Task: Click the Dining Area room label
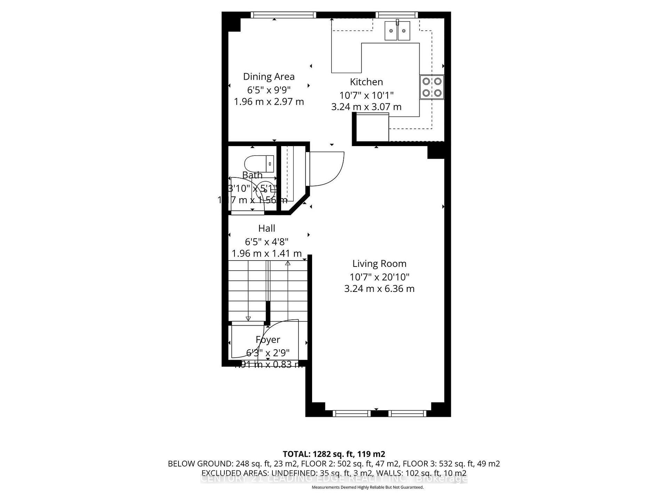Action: [x=269, y=77]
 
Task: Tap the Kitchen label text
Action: [x=366, y=82]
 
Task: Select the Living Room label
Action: [x=379, y=264]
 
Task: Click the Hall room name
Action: [x=267, y=228]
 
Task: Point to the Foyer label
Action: [x=268, y=340]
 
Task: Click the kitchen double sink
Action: [x=397, y=31]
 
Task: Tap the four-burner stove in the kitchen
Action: [x=432, y=87]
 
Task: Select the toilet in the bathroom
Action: [x=259, y=163]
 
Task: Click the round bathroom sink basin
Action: [x=265, y=190]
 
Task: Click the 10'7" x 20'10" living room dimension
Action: [x=379, y=277]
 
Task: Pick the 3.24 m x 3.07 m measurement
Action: [x=366, y=107]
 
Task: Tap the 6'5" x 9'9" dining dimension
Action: [x=269, y=90]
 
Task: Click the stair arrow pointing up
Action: [x=288, y=263]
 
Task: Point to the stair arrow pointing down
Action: [x=248, y=318]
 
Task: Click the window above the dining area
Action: [x=283, y=15]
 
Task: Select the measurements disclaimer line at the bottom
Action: [x=367, y=487]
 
